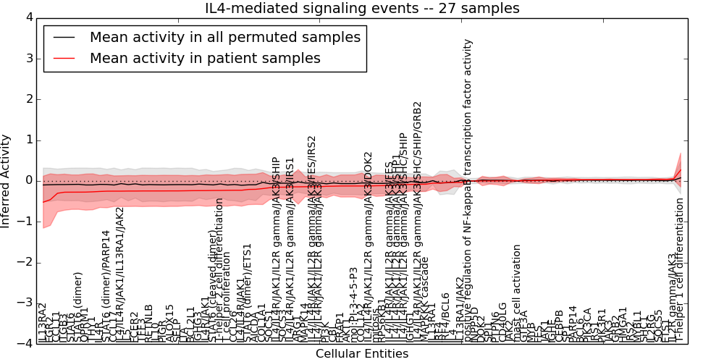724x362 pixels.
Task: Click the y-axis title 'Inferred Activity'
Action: pos(7,180)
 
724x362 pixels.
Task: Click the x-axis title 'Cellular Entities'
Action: pos(361,353)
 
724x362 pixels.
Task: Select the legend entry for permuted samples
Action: pos(224,37)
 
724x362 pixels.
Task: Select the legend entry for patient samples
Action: pos(205,58)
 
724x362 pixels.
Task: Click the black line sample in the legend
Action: pos(64,37)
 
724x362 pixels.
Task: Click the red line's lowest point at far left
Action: pos(43,202)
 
